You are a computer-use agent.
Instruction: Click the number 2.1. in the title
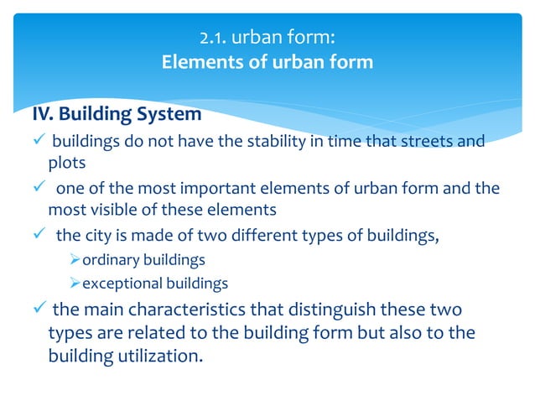(216, 38)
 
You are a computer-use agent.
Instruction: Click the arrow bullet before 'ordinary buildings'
(75, 261)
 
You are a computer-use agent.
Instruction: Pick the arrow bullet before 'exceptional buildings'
(75, 284)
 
